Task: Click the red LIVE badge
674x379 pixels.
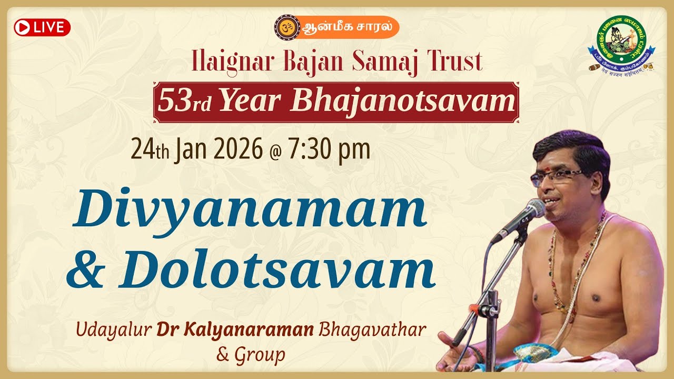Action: click(42, 27)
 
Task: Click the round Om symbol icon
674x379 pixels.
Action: click(288, 27)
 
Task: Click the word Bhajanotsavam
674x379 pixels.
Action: click(403, 101)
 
